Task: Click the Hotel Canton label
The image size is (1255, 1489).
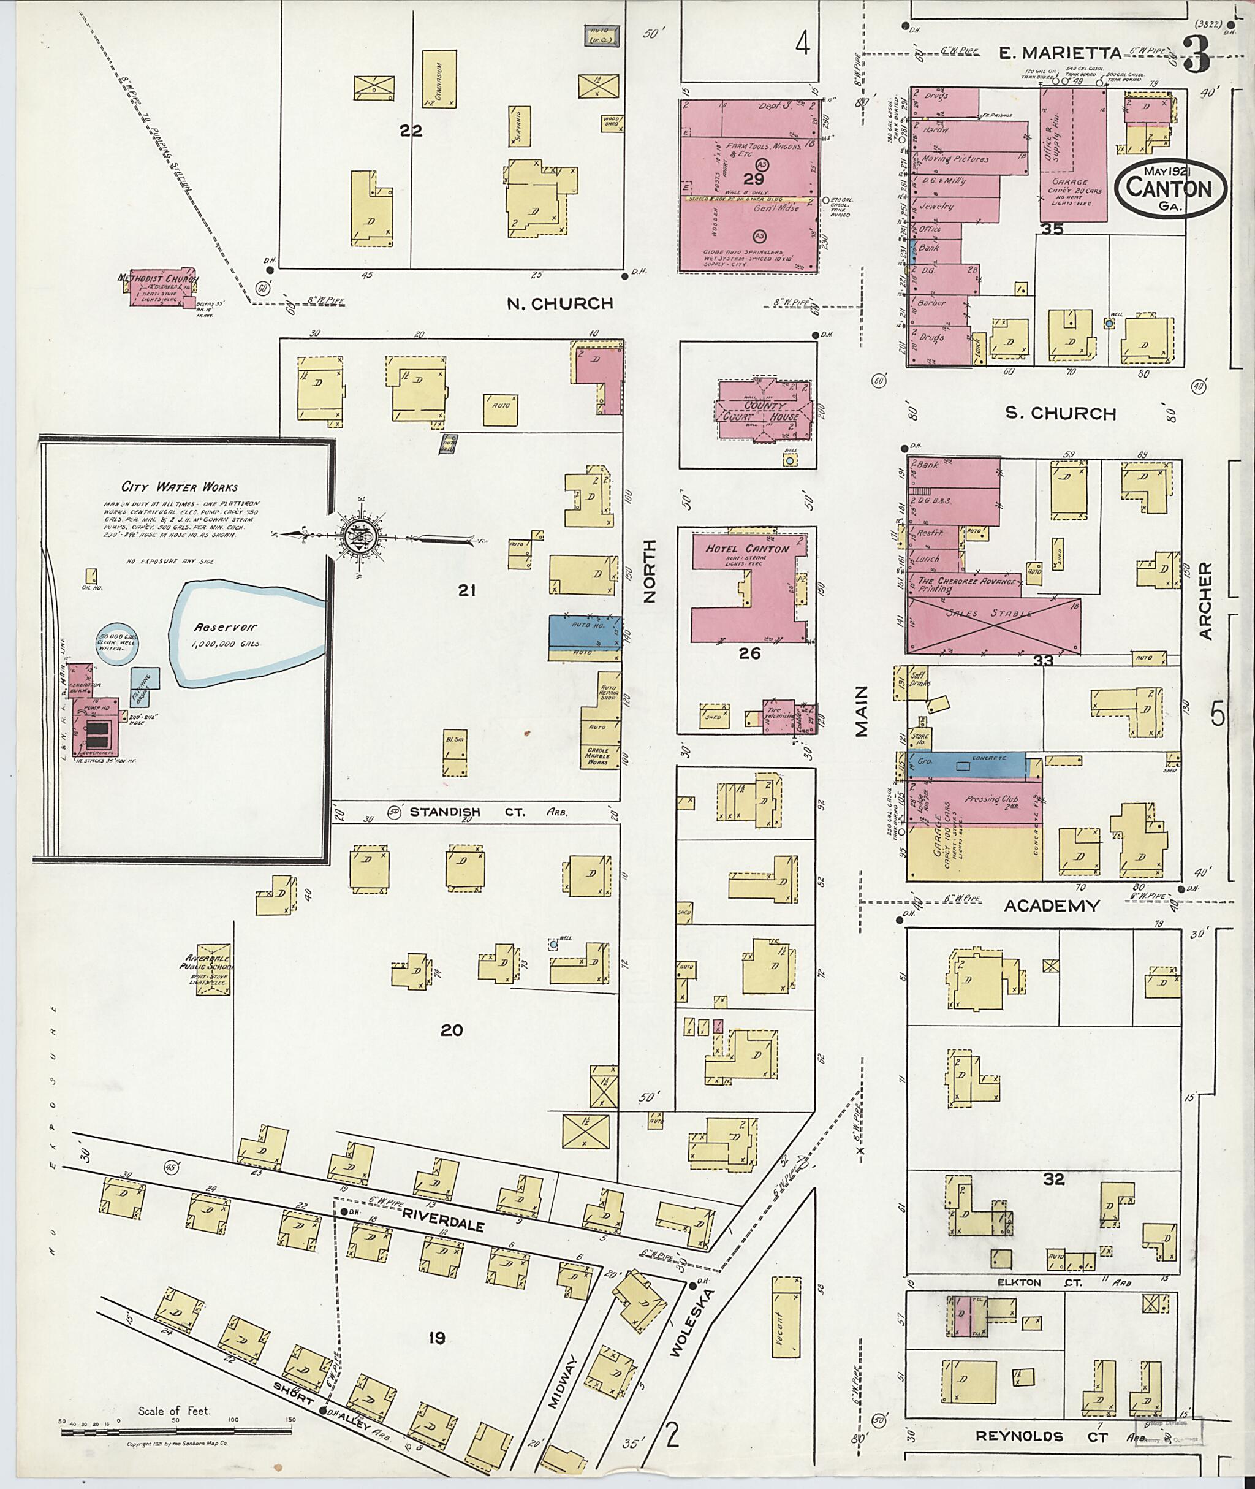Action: [x=747, y=549]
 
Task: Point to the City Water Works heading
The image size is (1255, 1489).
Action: [x=180, y=487]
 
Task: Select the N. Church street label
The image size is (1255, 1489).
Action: [x=559, y=303]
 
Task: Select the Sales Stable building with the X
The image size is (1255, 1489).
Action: [x=993, y=624]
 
